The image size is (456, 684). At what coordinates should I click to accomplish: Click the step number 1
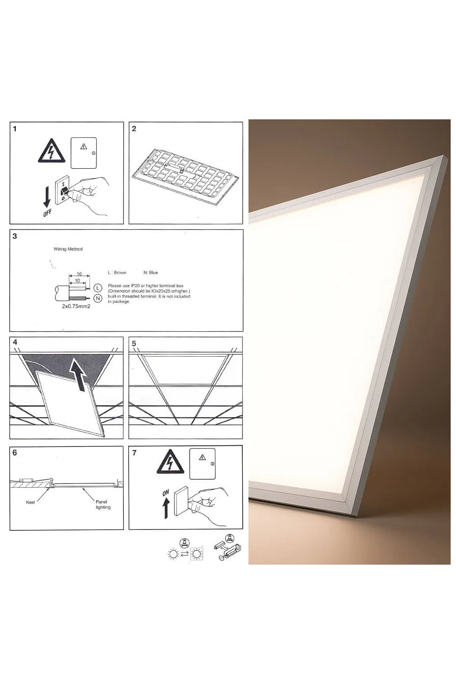tap(15, 129)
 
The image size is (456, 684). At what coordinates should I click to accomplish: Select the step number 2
tap(134, 129)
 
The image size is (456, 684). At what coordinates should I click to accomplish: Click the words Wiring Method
tap(68, 249)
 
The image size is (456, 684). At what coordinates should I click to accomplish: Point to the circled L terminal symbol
tap(98, 288)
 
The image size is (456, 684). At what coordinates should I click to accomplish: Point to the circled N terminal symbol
tap(98, 298)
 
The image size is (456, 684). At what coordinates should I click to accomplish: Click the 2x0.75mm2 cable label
tap(76, 307)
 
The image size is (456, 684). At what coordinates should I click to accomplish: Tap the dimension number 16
tap(79, 274)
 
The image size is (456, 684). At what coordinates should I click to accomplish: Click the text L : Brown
tap(117, 273)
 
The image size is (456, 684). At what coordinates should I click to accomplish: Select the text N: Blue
tap(151, 273)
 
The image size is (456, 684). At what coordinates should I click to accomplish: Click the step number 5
tap(134, 343)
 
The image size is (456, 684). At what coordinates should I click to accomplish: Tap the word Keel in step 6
tap(30, 502)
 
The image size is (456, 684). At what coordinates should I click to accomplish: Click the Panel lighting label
tap(103, 505)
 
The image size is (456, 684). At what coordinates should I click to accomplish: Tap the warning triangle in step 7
tap(171, 463)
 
